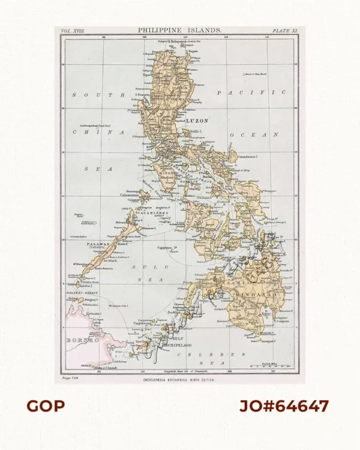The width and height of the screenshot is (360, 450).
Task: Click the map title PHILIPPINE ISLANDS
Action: click(x=179, y=29)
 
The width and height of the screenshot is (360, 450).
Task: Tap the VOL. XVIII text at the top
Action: click(x=74, y=29)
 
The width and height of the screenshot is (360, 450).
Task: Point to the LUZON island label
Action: click(x=198, y=121)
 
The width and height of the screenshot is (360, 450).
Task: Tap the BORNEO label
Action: click(x=82, y=340)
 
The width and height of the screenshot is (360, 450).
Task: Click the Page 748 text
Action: click(x=71, y=379)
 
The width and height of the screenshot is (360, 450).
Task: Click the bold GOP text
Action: click(x=46, y=406)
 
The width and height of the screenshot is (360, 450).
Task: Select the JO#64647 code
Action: click(x=284, y=406)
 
